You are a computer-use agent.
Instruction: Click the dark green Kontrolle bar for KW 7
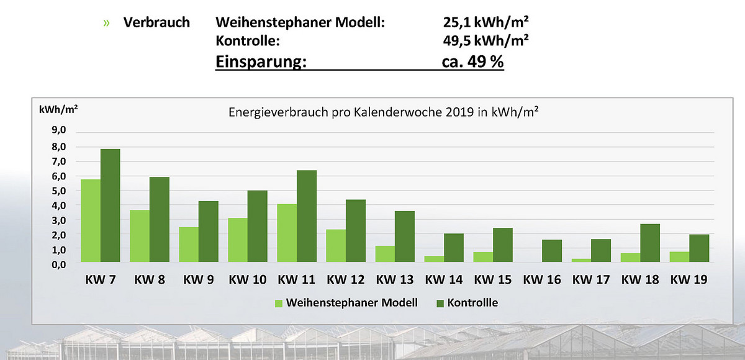(x=110, y=205)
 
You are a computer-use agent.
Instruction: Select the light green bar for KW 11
(x=287, y=233)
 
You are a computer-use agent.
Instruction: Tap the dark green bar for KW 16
(x=552, y=251)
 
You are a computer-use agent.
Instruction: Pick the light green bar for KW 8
(x=140, y=236)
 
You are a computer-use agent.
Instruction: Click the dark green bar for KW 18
(x=650, y=243)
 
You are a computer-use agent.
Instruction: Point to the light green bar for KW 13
(x=385, y=254)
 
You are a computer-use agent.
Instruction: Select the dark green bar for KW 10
(x=258, y=226)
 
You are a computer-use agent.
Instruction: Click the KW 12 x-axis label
(x=346, y=280)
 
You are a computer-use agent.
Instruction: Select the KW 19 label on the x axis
(x=690, y=280)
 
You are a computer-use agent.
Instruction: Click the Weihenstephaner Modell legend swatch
(x=278, y=304)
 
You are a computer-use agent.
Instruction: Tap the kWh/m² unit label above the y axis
(x=58, y=109)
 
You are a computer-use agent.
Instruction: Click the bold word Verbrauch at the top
(x=156, y=23)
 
